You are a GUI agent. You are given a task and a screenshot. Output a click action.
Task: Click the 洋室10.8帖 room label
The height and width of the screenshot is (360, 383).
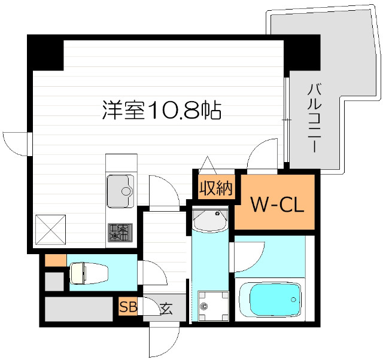162,110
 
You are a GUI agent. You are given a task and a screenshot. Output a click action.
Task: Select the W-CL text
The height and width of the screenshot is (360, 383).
277,205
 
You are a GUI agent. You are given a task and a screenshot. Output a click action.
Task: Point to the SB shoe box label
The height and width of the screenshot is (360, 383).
127,308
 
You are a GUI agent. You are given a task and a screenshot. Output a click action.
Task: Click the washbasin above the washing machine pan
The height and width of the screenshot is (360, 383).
211,220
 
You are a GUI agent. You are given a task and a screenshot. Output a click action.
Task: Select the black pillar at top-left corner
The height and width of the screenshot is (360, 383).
45,53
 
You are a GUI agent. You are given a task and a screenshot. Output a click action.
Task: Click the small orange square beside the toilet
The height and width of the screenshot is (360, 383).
55,261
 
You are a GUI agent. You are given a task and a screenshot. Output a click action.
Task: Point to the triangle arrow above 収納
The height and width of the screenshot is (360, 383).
208,163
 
